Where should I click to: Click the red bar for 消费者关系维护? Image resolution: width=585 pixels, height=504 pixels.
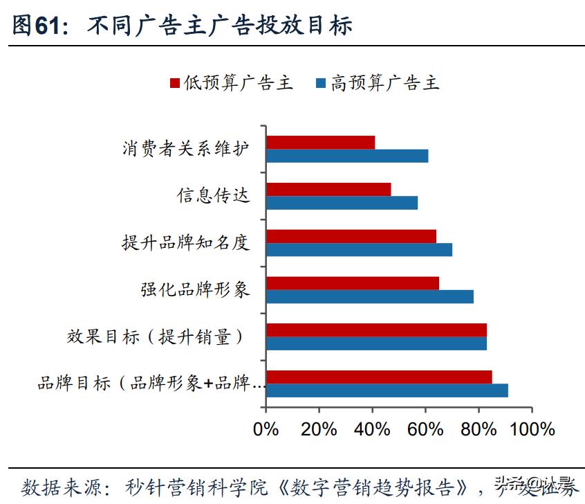321,143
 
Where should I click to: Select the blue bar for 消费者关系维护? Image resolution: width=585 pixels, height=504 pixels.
347,156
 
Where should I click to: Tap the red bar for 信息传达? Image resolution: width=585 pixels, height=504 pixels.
328,189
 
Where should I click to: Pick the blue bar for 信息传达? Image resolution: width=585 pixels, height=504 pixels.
342,202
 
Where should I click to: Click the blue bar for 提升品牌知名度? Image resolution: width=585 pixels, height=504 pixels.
360,249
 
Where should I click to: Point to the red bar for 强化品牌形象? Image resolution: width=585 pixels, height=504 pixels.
353,283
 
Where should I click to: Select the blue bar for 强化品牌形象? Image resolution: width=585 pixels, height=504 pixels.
370,296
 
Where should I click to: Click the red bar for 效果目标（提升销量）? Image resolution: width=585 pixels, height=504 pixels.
376,330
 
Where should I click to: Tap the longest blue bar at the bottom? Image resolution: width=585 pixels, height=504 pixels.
387,390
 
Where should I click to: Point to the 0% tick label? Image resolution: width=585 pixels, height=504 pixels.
266,429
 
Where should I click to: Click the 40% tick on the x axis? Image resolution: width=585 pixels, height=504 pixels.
373,429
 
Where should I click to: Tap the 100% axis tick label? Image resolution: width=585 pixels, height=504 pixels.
532,429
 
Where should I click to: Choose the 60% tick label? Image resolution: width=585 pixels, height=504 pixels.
426,429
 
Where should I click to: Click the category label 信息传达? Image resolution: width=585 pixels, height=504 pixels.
213,196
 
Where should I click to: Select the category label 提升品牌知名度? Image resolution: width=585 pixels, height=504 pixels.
185,243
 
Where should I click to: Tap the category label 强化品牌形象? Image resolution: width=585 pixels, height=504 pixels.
195,289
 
